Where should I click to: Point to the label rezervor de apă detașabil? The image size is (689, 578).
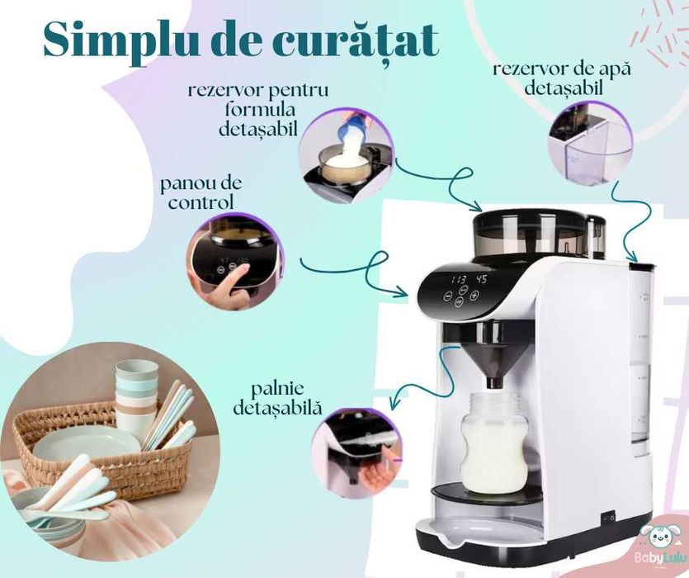[561, 78]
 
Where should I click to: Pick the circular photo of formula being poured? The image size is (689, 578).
[346, 156]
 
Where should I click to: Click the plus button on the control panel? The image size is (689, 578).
[474, 296]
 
